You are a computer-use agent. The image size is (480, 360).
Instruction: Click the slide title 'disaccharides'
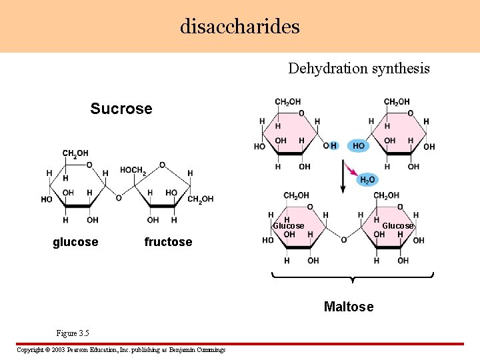(240, 26)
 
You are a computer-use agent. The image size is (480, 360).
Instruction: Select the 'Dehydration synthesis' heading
(359, 68)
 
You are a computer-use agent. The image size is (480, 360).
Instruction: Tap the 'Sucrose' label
(121, 109)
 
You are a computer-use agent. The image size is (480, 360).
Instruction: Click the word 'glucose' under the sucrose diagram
(75, 242)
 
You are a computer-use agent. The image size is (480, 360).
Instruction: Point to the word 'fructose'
(168, 242)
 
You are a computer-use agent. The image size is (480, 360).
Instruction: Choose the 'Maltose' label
(349, 307)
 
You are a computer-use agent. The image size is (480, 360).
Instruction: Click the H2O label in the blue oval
(367, 180)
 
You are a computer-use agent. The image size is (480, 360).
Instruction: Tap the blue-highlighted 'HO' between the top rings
(358, 146)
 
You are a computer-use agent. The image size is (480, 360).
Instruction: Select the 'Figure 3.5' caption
(73, 333)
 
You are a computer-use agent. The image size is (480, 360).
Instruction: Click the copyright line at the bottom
(121, 350)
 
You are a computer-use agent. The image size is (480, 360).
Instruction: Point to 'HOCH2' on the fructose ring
(133, 171)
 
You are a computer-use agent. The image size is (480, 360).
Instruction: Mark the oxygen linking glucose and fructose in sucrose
(119, 198)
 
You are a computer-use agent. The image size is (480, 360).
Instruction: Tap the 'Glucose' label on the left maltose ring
(289, 226)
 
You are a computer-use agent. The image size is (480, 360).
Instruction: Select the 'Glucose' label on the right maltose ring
(397, 226)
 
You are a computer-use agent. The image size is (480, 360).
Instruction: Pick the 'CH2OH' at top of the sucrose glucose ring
(75, 154)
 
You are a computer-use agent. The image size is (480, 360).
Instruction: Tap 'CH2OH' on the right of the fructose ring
(201, 199)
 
